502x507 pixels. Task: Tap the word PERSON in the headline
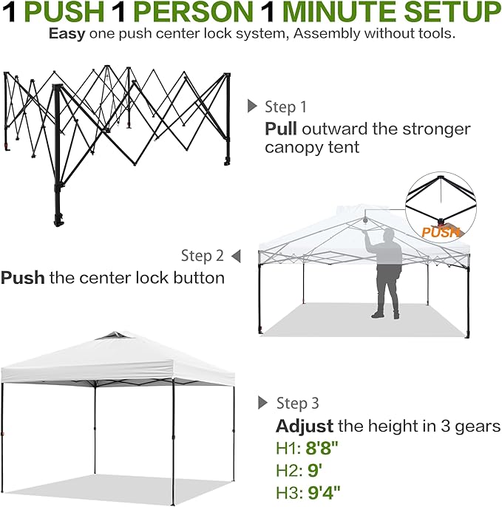pyautogui.click(x=219, y=13)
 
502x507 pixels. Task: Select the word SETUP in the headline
pyautogui.click(x=453, y=13)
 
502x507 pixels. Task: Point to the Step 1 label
pyautogui.click(x=285, y=107)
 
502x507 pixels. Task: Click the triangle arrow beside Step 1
pyautogui.click(x=252, y=106)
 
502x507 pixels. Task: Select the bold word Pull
pyautogui.click(x=280, y=129)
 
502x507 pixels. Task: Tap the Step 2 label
pyautogui.click(x=202, y=256)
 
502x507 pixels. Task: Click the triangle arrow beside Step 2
pyautogui.click(x=236, y=256)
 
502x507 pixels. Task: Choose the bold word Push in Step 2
pyautogui.click(x=23, y=279)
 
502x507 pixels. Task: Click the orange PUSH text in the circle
pyautogui.click(x=441, y=232)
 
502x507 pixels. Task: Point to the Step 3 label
pyautogui.click(x=297, y=404)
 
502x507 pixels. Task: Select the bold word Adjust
pyautogui.click(x=304, y=426)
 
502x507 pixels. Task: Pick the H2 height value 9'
pyautogui.click(x=314, y=471)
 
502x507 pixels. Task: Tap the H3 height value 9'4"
pyautogui.click(x=325, y=493)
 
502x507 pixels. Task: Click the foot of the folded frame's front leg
pyautogui.click(x=58, y=220)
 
